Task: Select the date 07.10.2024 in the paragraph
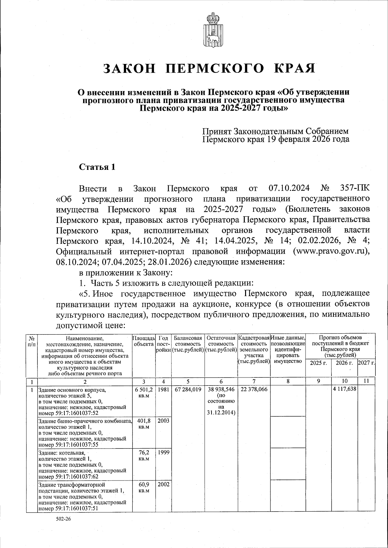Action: [289, 188]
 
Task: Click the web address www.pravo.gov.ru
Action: [331, 252]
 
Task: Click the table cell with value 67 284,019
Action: [188, 390]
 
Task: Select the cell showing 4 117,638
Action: [344, 390]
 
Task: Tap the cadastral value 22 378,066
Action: [254, 390]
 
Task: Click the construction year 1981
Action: [164, 390]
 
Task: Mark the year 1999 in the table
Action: [164, 452]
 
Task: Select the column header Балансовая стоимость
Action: [188, 341]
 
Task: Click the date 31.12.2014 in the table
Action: [221, 413]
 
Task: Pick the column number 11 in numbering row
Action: [366, 381]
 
